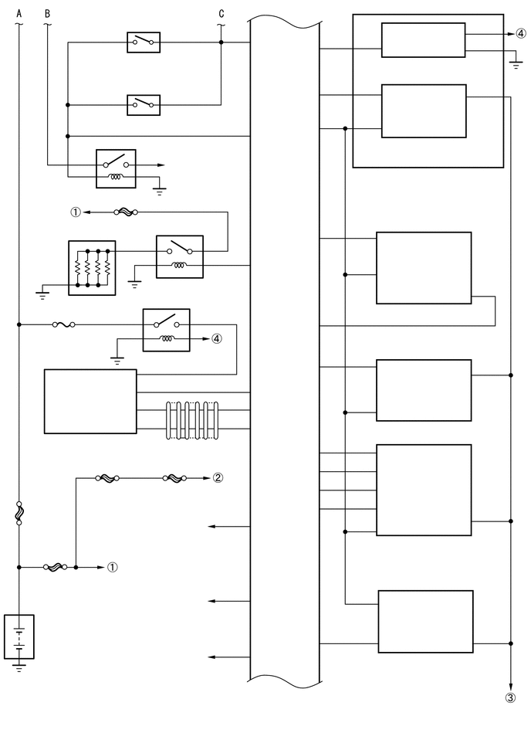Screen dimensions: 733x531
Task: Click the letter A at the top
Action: [x=19, y=14]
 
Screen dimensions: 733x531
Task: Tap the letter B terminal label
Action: [x=47, y=14]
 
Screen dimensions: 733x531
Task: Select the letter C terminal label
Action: [x=222, y=14]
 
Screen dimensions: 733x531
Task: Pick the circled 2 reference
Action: [x=218, y=477]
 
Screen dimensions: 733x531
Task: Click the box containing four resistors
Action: [x=92, y=267]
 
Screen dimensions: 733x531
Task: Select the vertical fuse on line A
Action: [x=19, y=514]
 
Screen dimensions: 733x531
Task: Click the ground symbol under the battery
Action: [x=19, y=666]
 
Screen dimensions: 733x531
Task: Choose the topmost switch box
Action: [x=144, y=42]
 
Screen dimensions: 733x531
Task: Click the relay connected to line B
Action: [x=116, y=168]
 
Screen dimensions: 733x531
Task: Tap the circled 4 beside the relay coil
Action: [x=217, y=338]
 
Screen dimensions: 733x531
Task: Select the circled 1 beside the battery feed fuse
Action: [x=112, y=567]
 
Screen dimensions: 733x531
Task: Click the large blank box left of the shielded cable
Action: [x=90, y=402]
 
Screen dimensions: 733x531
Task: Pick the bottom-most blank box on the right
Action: [x=425, y=622]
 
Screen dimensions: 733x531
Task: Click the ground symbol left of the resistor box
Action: [x=43, y=291]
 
